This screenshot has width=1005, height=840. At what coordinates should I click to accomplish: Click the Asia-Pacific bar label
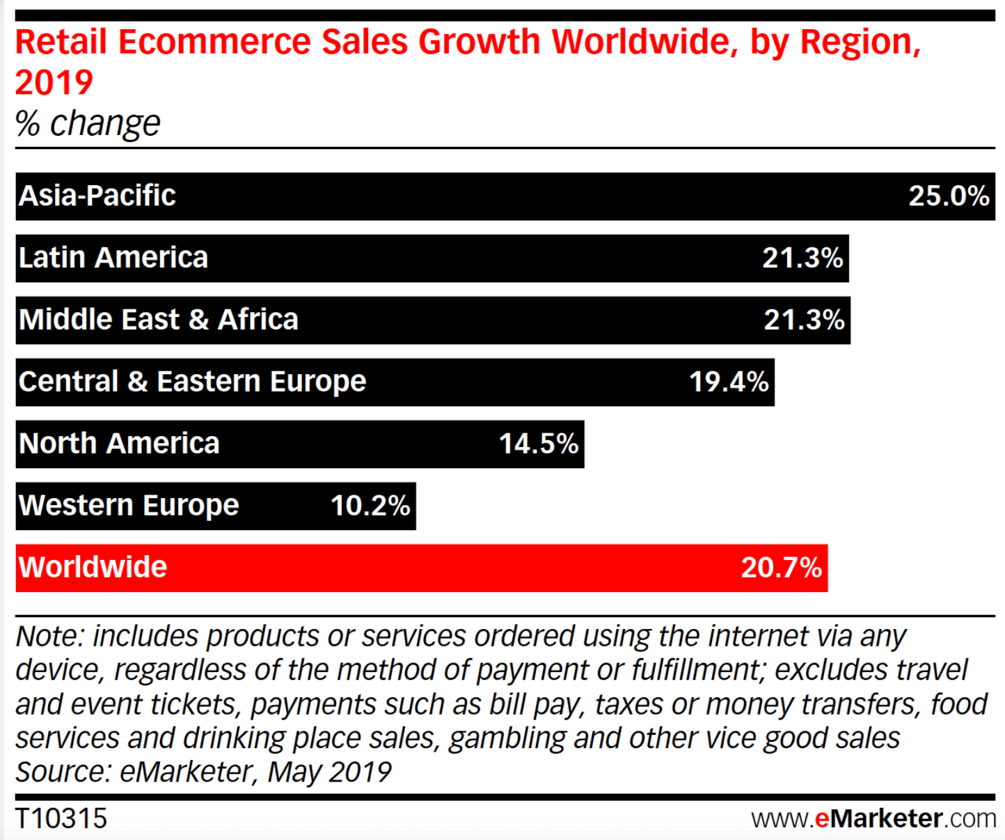tap(97, 196)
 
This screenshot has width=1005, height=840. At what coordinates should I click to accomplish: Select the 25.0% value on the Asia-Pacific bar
tap(948, 196)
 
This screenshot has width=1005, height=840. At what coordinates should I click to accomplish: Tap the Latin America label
tap(113, 258)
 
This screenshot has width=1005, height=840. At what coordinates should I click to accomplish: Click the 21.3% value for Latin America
tap(802, 258)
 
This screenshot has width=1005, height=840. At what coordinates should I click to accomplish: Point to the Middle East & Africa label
tap(158, 320)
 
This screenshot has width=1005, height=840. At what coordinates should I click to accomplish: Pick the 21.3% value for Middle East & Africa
tap(804, 320)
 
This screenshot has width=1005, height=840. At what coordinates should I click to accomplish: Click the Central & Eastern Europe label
tap(192, 382)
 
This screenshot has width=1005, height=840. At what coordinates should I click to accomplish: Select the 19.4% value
tap(728, 382)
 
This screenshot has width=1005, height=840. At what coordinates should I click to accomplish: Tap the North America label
tap(119, 444)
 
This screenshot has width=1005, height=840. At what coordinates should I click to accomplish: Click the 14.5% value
tap(538, 444)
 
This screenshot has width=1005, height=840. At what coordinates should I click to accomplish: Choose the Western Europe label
tap(129, 506)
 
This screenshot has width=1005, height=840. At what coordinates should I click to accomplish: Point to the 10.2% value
tap(370, 506)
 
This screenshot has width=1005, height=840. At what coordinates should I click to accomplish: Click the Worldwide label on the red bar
tap(93, 568)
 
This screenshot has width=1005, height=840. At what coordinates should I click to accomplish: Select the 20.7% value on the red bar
tap(781, 568)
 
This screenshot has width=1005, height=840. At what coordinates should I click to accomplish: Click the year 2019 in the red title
tap(54, 83)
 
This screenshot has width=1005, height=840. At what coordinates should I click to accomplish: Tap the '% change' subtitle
tap(88, 123)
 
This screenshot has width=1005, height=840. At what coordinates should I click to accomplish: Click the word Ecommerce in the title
tap(214, 42)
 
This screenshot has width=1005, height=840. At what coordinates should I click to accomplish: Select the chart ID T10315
tap(61, 818)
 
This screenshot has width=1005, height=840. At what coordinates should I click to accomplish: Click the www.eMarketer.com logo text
tap(873, 818)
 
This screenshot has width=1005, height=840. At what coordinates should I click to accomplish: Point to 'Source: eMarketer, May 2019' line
tap(203, 772)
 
